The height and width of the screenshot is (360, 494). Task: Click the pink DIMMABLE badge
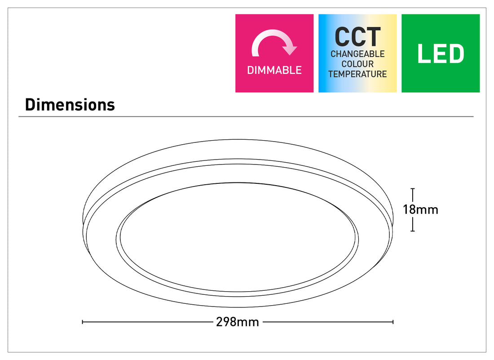pos(274,53)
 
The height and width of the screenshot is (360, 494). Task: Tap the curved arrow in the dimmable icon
pos(274,43)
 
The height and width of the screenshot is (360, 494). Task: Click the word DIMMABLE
pos(274,70)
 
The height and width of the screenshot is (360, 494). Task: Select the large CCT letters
pos(357,37)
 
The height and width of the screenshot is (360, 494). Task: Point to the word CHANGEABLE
pos(357,54)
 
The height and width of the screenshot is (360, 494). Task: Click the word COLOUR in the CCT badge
pos(357,64)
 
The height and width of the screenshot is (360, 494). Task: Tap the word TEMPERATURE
pos(357,74)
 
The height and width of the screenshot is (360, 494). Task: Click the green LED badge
pos(441,53)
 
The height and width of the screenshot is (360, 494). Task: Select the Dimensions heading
pos(70,105)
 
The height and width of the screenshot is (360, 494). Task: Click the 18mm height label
pos(421,209)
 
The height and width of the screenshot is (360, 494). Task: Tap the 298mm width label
pos(238,322)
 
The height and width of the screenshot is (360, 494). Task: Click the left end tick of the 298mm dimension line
pos(83,322)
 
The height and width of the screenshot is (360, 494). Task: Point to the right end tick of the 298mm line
pos(393,322)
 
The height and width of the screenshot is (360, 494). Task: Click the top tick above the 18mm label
pos(413,188)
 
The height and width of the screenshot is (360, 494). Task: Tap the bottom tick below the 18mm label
pos(413,231)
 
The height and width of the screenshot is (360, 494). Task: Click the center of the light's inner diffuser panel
pos(238,237)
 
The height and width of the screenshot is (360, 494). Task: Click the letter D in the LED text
pos(456,53)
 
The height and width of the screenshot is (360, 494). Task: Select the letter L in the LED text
pos(423,53)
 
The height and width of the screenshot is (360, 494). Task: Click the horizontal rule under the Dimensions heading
pos(246,117)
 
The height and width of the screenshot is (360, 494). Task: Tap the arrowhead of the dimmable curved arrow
pos(290,49)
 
